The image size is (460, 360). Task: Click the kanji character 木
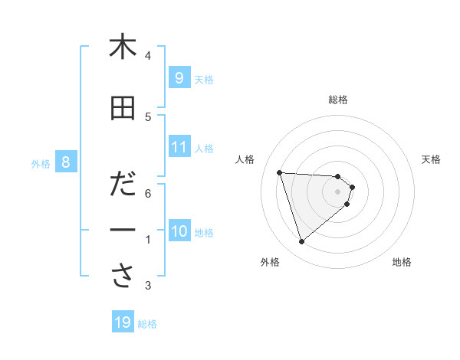coord(123,47)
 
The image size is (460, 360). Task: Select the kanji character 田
coord(123,108)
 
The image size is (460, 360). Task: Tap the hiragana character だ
coord(123,185)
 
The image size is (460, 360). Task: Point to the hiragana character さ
coord(123,277)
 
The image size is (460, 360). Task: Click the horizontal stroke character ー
coord(123,231)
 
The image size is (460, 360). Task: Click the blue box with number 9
coord(179,77)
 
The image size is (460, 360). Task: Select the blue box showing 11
coord(179,147)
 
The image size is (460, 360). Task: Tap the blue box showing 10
coord(179,231)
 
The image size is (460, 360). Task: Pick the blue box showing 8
coord(66,162)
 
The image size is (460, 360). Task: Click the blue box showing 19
coord(123,322)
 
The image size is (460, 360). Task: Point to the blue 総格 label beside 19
coord(147,324)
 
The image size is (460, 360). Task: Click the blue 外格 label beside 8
coord(41,163)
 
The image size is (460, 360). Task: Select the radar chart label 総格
coord(338,100)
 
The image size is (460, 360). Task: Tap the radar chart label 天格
coord(432,159)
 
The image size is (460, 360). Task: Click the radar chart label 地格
coord(402,263)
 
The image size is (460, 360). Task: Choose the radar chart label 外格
coord(270,263)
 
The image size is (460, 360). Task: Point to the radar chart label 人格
coord(245,159)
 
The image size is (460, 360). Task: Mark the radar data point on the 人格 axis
coord(280,172)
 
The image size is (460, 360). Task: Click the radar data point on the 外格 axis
coord(302,242)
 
